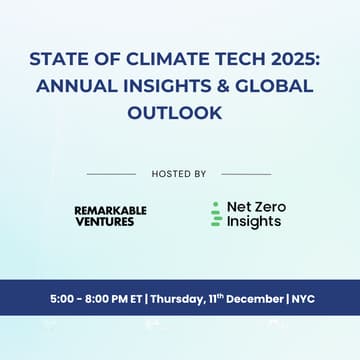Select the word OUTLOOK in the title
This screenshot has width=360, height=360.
[180, 113]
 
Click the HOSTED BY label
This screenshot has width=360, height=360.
[179, 174]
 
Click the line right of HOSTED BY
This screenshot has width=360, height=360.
[246, 174]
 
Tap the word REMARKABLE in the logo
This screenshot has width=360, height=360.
[110, 210]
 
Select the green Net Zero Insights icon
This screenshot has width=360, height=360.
[215, 214]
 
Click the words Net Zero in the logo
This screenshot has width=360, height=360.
[256, 207]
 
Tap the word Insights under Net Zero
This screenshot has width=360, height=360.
[254, 221]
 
